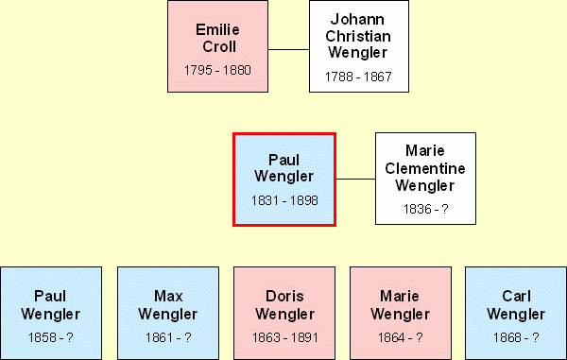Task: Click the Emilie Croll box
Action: pyautogui.click(x=217, y=46)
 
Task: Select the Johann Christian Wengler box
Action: pyautogui.click(x=359, y=46)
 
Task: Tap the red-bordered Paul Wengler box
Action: pyautogui.click(x=284, y=180)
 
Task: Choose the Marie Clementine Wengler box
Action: pyautogui.click(x=425, y=179)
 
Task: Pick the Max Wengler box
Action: pyautogui.click(x=168, y=313)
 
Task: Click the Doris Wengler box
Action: pyautogui.click(x=284, y=313)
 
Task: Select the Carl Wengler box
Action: pyautogui.click(x=516, y=313)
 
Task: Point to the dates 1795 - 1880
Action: pyautogui.click(x=217, y=70)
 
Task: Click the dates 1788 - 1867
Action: pyautogui.click(x=358, y=77)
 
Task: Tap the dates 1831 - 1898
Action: pyautogui.click(x=284, y=200)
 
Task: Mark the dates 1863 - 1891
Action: pyautogui.click(x=285, y=337)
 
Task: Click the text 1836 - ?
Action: pyautogui.click(x=425, y=209)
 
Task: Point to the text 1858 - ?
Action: pyautogui.click(x=51, y=337)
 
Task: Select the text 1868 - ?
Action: pyautogui.click(x=516, y=337)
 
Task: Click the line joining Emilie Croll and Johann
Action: pyautogui.click(x=288, y=49)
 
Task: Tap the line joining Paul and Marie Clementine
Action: pyautogui.click(x=356, y=179)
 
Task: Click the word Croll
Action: pyautogui.click(x=219, y=46)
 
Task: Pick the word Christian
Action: pyautogui.click(x=358, y=36)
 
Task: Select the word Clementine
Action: pyautogui.click(x=425, y=168)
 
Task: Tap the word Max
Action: pyautogui.click(x=168, y=297)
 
